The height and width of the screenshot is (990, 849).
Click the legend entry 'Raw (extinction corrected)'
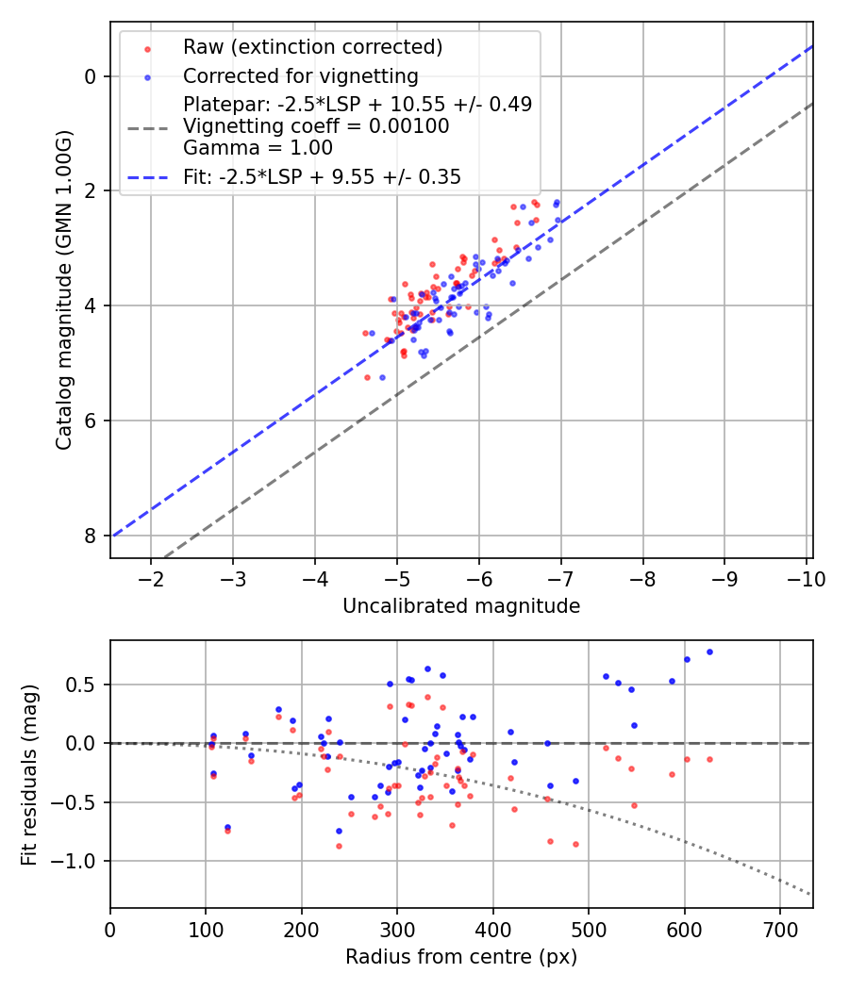[312, 47]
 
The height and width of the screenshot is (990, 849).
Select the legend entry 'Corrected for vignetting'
[300, 75]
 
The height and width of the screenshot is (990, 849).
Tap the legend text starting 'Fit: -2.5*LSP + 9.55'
[322, 176]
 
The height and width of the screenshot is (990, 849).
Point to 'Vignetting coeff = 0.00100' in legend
[316, 126]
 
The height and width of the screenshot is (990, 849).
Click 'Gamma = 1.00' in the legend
[258, 148]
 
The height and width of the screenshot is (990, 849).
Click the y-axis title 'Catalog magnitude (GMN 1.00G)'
[63, 289]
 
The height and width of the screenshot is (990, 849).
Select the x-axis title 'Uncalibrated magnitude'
[461, 606]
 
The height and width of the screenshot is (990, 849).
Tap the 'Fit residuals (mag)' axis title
[29, 774]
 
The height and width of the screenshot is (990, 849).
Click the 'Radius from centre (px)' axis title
[461, 957]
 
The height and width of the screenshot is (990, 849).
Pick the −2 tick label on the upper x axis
[151, 577]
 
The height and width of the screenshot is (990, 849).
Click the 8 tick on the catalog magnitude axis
[91, 536]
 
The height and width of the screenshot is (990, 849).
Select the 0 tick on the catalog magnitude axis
[91, 76]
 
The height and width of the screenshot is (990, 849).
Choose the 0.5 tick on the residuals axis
[87, 685]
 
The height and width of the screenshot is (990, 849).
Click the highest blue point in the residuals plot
[709, 652]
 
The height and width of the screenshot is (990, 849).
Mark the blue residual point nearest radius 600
[687, 660]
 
